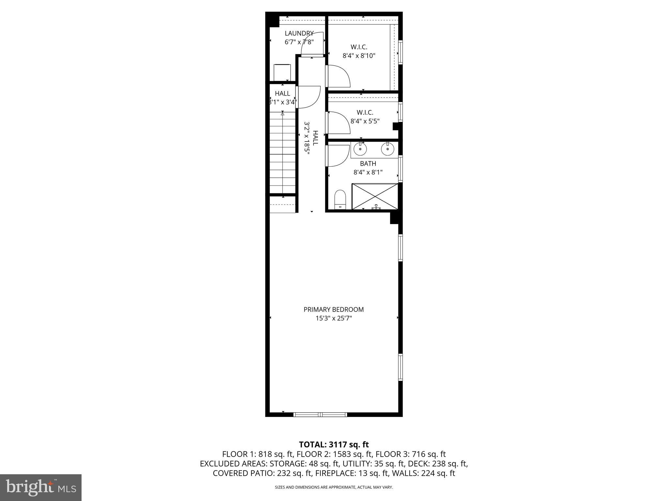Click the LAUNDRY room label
(299, 33)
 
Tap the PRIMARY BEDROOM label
(333, 309)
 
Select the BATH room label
(368, 163)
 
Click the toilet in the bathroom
(340, 199)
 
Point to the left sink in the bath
(360, 149)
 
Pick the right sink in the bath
(387, 149)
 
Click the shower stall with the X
(375, 196)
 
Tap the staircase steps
(282, 153)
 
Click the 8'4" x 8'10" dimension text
(359, 56)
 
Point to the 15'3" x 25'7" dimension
(333, 318)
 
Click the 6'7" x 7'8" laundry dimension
(299, 42)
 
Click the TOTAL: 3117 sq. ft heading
(334, 445)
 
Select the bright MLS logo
(41, 487)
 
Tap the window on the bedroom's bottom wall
(320, 415)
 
